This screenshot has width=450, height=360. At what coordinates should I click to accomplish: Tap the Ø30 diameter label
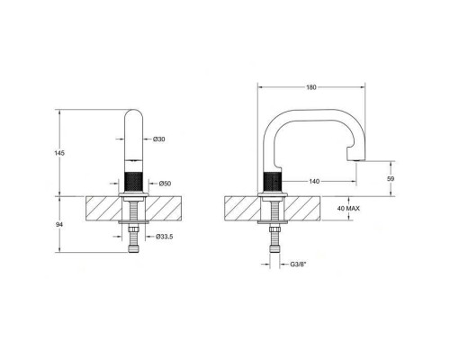coord(158,139)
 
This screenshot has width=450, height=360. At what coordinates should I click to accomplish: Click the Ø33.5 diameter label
coord(164,237)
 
